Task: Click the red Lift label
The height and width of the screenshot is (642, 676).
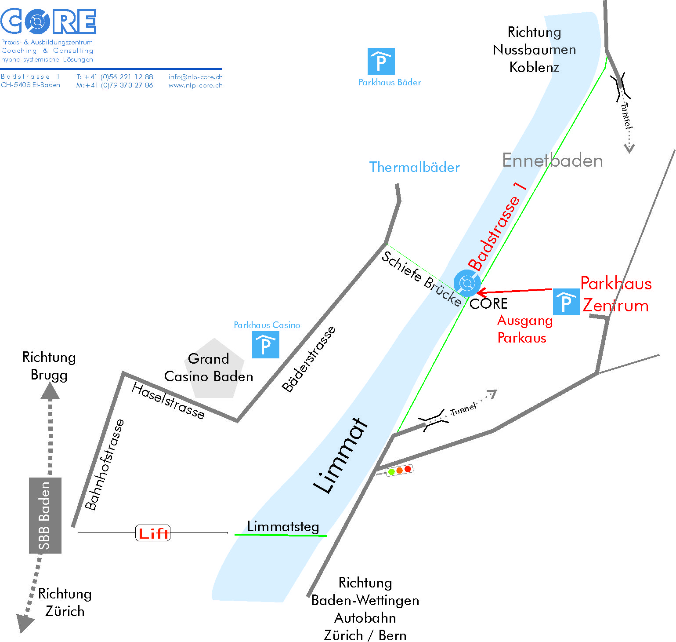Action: click(x=153, y=533)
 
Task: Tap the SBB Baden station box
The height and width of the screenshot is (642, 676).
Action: click(x=45, y=515)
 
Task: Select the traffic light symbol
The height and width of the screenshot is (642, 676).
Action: click(x=399, y=470)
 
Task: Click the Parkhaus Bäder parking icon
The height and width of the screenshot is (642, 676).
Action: click(x=381, y=62)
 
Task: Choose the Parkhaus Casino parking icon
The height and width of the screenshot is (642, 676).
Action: click(x=265, y=345)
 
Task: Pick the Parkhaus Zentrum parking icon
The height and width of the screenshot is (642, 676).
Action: click(x=566, y=302)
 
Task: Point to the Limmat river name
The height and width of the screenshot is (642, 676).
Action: click(x=341, y=455)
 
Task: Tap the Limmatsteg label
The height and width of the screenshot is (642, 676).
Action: click(x=283, y=526)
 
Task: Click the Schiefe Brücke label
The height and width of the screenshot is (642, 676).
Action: click(x=421, y=278)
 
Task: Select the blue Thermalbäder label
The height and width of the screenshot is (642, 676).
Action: click(x=414, y=167)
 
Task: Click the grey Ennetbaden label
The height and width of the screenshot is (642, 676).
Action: click(x=552, y=160)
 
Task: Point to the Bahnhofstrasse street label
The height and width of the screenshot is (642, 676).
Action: click(x=104, y=465)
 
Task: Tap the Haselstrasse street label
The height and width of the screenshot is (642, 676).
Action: click(x=168, y=401)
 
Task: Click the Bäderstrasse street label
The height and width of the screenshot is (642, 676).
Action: click(x=309, y=359)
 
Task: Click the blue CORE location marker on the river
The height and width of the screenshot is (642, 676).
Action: click(x=467, y=282)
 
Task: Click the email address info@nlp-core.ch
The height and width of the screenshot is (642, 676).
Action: click(x=195, y=77)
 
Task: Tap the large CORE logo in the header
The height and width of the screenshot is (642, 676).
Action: click(x=48, y=21)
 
